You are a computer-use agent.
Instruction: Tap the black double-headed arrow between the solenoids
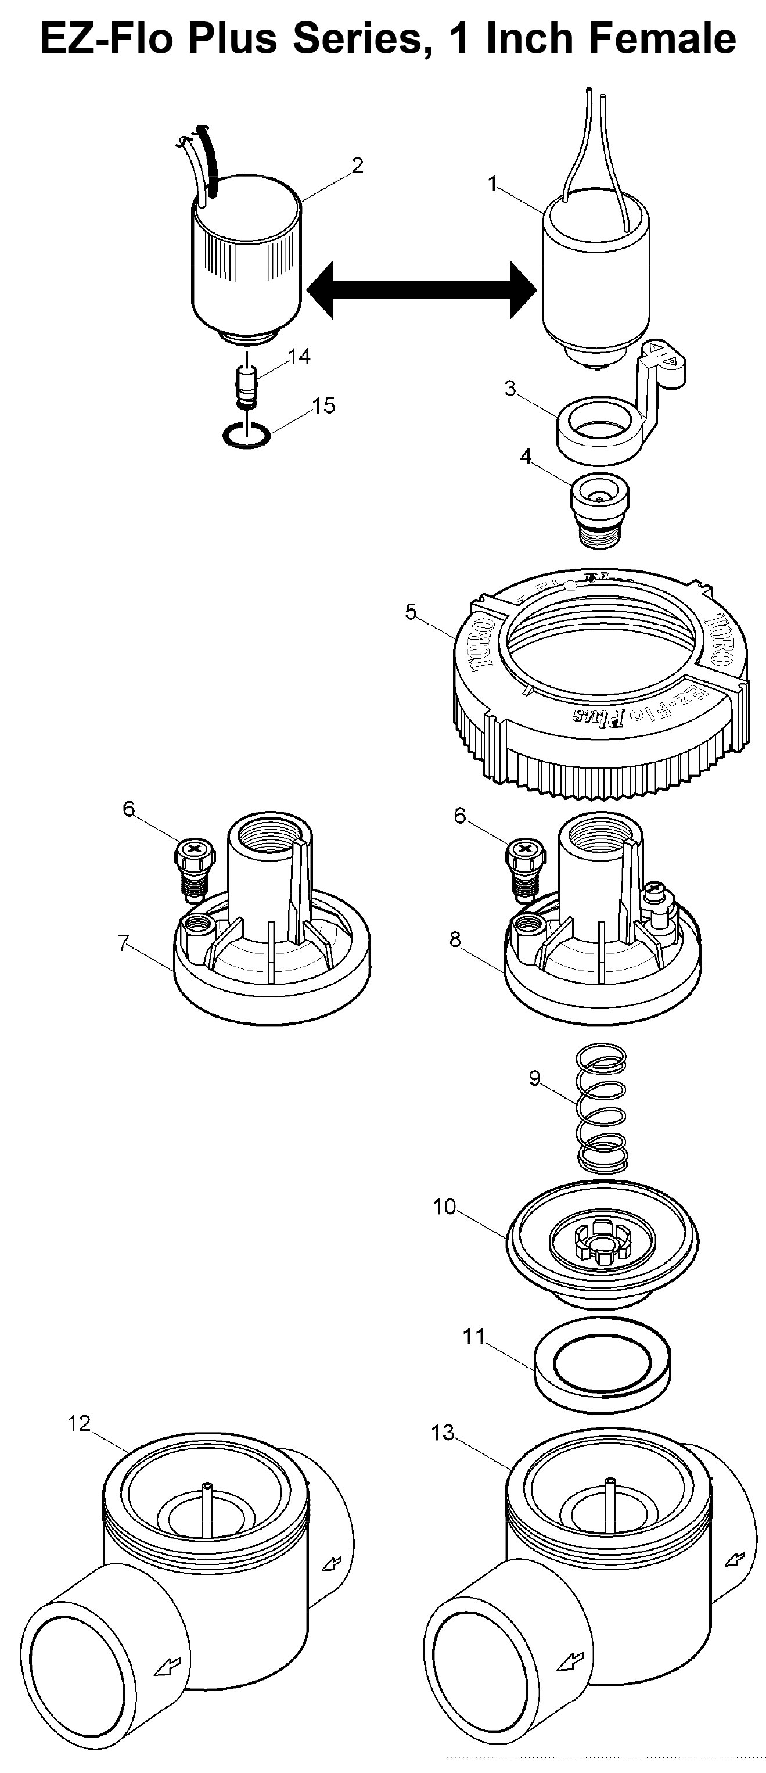421,290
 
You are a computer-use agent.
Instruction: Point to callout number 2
357,166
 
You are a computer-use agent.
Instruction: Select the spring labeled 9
602,1109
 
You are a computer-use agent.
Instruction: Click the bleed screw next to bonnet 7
193,868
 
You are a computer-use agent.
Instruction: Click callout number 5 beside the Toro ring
411,611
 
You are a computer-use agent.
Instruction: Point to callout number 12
79,1424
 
